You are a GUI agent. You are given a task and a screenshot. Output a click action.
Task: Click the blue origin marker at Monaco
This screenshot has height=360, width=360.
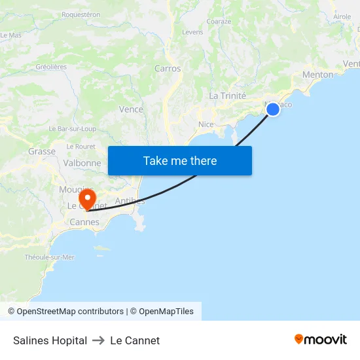273,109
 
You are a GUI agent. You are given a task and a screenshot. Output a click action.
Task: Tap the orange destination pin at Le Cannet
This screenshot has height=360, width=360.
87,198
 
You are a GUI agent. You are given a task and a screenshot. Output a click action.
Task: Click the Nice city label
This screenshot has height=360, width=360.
206,124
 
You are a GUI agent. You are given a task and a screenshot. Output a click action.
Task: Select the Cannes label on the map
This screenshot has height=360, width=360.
84,222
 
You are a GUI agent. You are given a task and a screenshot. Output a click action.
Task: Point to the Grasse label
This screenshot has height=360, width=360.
42,151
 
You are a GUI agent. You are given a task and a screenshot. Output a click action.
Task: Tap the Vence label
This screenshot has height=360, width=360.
131,109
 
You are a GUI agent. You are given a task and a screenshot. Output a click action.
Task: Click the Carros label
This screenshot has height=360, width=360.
168,68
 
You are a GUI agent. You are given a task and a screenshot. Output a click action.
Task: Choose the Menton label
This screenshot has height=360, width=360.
317,75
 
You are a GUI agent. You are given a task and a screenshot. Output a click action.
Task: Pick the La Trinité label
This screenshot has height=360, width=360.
227,96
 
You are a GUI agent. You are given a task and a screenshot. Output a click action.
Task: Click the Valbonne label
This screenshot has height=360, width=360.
82,163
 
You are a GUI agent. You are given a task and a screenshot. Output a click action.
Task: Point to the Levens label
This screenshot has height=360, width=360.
192,31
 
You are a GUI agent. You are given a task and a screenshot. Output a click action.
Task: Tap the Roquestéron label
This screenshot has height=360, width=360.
81,14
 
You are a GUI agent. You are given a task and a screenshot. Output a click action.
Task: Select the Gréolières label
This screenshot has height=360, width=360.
51,67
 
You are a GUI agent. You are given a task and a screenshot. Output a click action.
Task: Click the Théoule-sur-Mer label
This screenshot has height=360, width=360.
50,257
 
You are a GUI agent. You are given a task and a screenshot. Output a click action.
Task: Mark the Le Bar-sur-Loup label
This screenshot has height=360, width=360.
73,129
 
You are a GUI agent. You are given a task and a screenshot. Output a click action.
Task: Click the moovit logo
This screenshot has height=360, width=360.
321,339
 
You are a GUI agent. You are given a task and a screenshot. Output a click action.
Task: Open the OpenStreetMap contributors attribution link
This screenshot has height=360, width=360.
70,312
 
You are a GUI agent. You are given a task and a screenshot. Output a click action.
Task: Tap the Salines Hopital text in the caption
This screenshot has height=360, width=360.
50,340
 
